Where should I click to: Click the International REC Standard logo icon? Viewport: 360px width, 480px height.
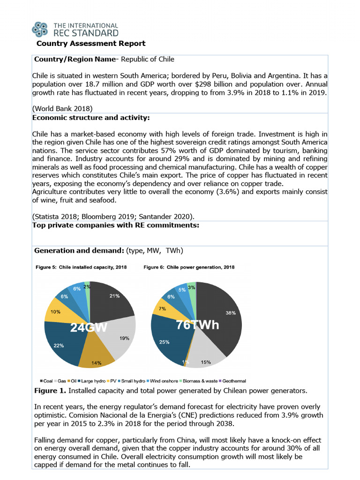(40, 29)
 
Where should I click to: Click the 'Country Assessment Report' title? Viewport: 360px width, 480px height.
(91, 44)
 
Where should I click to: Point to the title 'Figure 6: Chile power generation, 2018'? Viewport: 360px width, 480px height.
(189, 267)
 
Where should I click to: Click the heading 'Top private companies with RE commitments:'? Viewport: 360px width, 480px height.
(116, 225)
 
